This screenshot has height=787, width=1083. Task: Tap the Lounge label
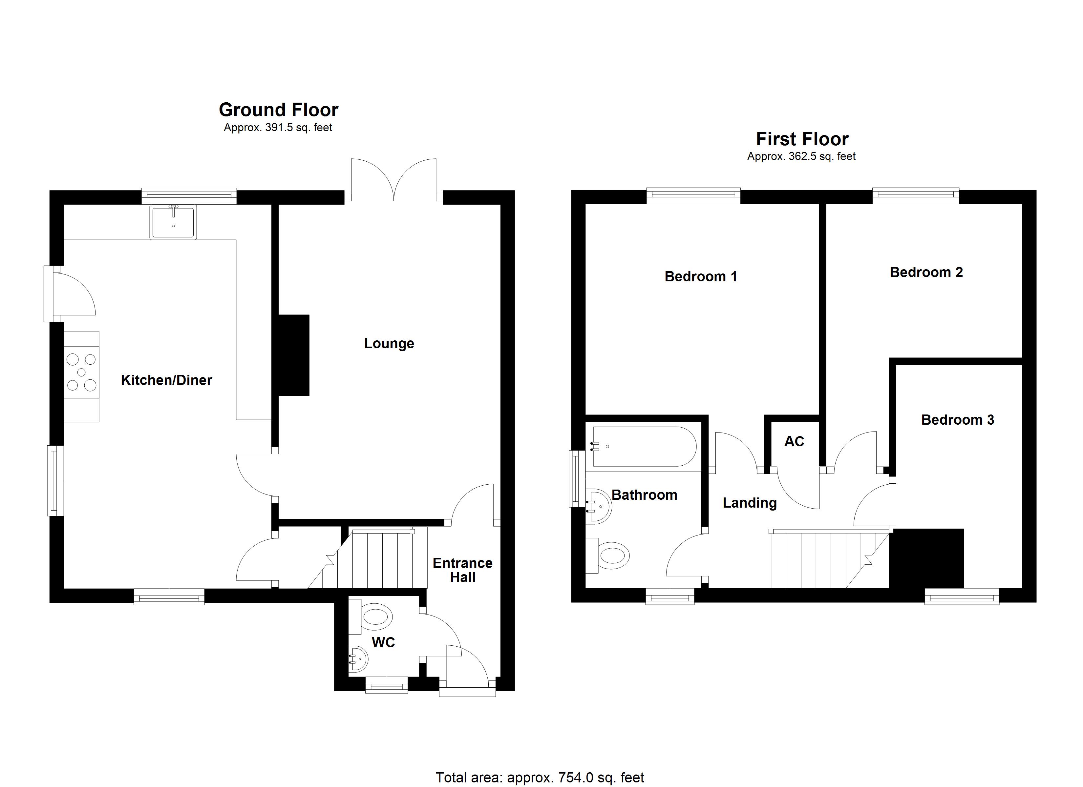pos(389,344)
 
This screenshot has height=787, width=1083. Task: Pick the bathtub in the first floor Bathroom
pos(644,446)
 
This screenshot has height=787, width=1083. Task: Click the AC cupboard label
pos(794,441)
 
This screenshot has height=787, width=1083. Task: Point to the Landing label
pos(750,503)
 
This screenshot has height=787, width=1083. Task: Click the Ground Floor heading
pos(278,110)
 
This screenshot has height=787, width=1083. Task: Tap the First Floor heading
pos(802,139)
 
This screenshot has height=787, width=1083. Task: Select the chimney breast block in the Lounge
pos(294,355)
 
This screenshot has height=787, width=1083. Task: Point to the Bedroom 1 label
pos(701,277)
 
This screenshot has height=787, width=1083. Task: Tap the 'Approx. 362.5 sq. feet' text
pos(801,156)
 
